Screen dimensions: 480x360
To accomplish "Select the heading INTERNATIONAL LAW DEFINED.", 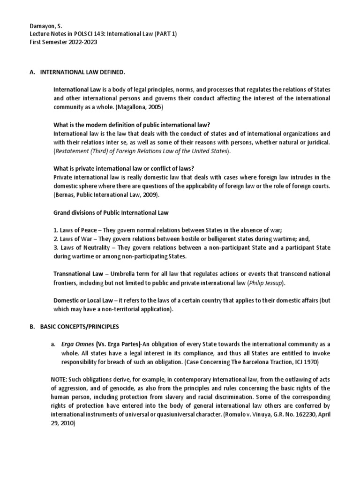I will pyautogui.click(x=82, y=73).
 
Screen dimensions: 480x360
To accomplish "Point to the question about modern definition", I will pyautogui.click(x=132, y=125).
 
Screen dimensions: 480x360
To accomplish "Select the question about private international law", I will pyautogui.click(x=124, y=168).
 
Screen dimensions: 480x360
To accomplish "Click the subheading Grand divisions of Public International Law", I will pyautogui.click(x=111, y=213).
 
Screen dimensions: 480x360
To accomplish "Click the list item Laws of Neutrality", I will pyautogui.click(x=82, y=247).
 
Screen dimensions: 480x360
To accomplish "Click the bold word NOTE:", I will pyautogui.click(x=61, y=379).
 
